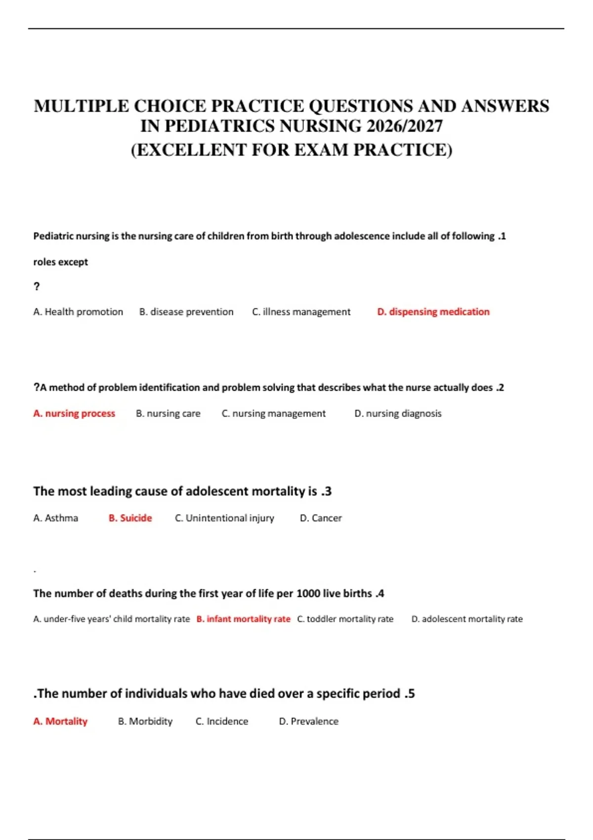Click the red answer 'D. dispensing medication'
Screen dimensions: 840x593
coord(433,312)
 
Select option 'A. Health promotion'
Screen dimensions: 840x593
coord(78,312)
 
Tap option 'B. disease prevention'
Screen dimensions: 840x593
coord(186,312)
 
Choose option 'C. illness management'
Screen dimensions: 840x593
coord(301,312)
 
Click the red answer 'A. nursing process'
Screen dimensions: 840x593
coord(74,414)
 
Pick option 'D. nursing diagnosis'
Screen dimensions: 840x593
coord(398,414)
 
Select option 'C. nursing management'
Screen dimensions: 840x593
coord(273,414)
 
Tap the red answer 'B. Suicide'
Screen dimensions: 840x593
coord(130,518)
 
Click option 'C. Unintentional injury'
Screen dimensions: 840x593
coord(224,518)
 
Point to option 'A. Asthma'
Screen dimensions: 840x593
coord(55,518)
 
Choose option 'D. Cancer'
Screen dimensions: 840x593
coord(321,518)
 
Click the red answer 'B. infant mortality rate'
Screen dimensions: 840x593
coord(243,619)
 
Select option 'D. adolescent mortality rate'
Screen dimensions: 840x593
coord(467,619)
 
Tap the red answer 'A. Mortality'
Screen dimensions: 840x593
coord(60,721)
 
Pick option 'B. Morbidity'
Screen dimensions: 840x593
coord(145,721)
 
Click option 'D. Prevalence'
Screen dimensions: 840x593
coord(309,721)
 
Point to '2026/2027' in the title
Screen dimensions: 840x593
coord(405,126)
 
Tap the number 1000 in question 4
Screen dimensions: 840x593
coord(308,593)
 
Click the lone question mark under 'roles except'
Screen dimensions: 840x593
coord(37,287)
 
